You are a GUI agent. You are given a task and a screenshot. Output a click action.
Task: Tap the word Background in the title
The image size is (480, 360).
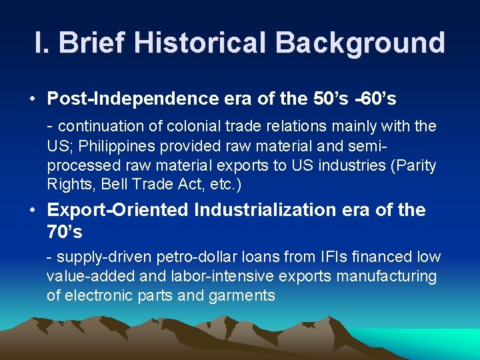[359, 43]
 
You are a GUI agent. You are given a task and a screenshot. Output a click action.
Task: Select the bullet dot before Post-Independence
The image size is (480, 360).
[32, 99]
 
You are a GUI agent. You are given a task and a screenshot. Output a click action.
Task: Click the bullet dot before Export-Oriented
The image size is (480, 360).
[32, 210]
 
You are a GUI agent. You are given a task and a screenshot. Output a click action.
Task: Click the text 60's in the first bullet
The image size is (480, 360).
[378, 99]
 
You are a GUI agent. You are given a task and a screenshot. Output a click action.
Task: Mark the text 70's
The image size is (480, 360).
[65, 233]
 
